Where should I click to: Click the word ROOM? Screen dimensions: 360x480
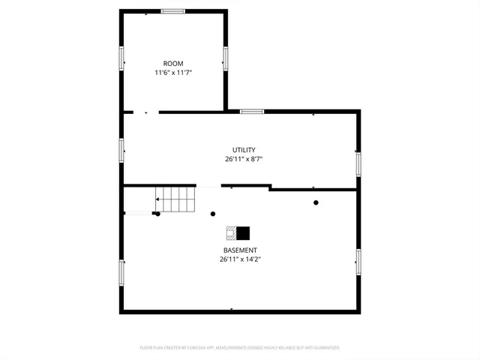tap(173, 64)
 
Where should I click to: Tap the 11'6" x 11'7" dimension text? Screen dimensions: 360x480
tap(173, 73)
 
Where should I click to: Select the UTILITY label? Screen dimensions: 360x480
tap(244, 150)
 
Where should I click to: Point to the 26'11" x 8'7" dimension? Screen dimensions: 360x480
tap(244, 159)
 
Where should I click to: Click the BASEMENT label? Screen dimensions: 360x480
tap(240, 250)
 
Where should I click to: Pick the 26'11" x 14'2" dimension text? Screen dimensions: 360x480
tap(240, 259)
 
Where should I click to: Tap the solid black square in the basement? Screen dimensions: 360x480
tap(244, 232)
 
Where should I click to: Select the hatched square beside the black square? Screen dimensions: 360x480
tap(232, 232)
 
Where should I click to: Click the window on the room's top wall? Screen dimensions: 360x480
tap(173, 11)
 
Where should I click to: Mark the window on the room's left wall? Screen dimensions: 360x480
tap(121, 58)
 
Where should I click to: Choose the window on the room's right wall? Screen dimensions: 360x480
tap(225, 58)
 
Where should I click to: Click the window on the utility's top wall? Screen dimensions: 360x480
tap(252, 112)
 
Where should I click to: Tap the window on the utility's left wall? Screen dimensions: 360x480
tap(121, 149)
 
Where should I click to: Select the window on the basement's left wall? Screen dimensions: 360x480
tap(121, 272)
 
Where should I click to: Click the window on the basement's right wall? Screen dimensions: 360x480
tap(358, 261)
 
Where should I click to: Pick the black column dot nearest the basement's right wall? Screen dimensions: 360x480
tap(316, 202)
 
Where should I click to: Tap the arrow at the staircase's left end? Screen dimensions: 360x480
tap(158, 199)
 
